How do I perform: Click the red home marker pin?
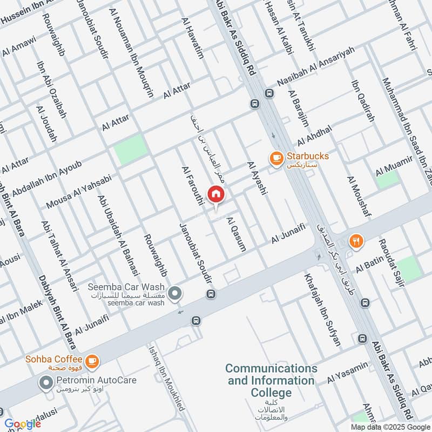pos(216,194)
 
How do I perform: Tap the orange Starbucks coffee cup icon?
pos(276,157)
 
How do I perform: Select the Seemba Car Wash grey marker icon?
pos(174,294)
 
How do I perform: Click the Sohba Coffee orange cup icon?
pos(92,359)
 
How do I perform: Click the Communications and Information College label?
pos(271,381)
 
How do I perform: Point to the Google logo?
pos(23,424)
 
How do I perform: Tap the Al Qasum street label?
pos(237,234)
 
